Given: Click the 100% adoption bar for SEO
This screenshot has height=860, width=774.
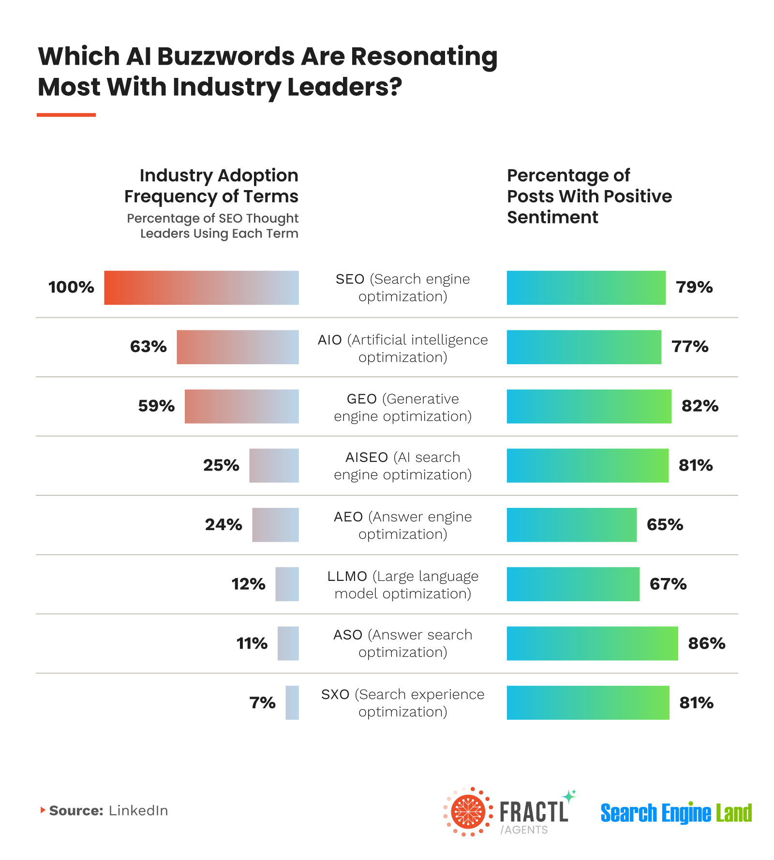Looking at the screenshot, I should tap(201, 288).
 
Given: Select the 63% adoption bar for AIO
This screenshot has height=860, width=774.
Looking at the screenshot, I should tap(238, 347).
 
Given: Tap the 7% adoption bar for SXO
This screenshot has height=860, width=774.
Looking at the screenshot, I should tap(292, 703).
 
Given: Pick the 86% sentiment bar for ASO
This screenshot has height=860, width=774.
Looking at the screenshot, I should tap(592, 643).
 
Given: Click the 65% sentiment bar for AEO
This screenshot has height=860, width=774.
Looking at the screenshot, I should tap(571, 525).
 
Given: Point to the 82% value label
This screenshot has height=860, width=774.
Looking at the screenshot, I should tap(700, 406).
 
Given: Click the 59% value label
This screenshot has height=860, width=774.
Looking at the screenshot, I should tap(156, 406).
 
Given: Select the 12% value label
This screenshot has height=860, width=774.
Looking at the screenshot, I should tap(248, 584).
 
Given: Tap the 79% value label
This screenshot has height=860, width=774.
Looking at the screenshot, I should tap(694, 287).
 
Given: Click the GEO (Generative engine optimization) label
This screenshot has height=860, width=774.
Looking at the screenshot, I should tap(402, 407).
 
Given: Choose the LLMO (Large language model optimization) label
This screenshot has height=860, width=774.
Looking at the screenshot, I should tap(402, 585).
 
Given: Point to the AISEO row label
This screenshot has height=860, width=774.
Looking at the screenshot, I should tap(402, 466).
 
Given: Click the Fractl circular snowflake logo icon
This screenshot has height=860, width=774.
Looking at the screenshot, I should tap(468, 812).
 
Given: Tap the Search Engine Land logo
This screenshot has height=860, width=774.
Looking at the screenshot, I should tap(676, 813).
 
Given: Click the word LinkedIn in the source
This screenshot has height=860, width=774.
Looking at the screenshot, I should tap(138, 811).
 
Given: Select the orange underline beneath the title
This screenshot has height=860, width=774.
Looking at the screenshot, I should tap(66, 115).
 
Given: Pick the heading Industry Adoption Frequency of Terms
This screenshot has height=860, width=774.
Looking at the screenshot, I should tap(211, 186).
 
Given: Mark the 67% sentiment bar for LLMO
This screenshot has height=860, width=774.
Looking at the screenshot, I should tap(573, 584).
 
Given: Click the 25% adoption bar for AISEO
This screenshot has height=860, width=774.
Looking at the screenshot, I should tap(274, 466).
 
